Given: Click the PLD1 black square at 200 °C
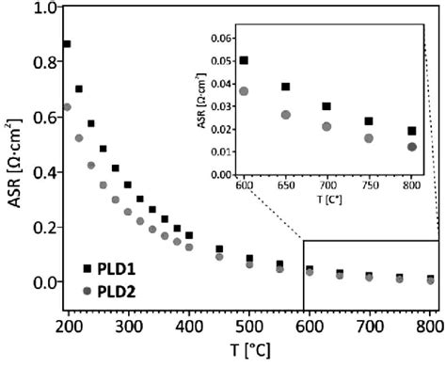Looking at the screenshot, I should (67, 44).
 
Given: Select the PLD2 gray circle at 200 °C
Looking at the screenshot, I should (67, 107).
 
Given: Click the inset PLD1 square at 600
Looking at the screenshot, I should (244, 60).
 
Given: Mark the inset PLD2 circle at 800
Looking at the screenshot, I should (412, 147).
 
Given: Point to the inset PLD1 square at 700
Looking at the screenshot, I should (327, 106).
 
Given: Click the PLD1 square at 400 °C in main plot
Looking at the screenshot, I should (189, 235).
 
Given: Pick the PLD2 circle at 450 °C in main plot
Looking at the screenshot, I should (219, 256).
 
